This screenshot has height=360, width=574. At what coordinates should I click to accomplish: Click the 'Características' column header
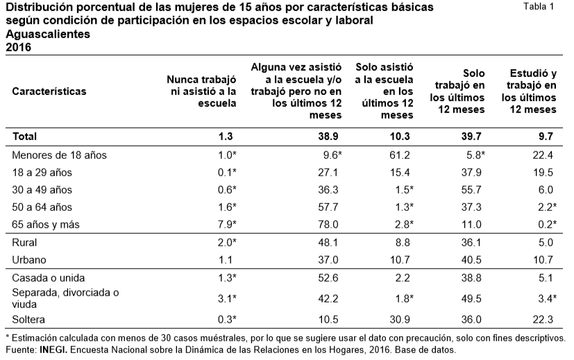(49, 91)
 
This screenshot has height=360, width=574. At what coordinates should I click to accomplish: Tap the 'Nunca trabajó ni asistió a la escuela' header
(204, 91)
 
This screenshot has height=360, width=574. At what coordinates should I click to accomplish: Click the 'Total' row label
(25, 137)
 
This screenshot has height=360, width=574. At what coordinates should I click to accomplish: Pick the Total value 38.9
(328, 137)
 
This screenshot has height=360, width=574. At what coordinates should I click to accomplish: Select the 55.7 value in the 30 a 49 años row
(471, 189)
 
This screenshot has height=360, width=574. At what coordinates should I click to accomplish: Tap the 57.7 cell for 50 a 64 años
(328, 207)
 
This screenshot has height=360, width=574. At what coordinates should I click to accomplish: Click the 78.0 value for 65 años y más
(328, 224)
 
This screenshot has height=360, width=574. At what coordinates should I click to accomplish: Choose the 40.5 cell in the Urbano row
(471, 259)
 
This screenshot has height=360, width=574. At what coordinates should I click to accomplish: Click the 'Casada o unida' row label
(47, 278)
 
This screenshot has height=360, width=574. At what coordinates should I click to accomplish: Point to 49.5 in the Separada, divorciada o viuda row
(471, 298)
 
